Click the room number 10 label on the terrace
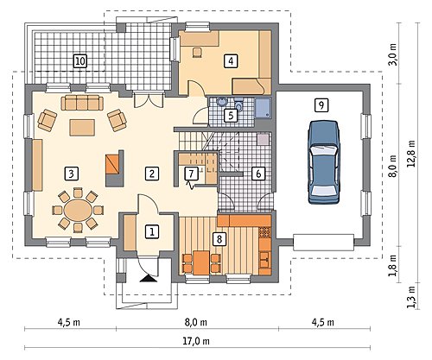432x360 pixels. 80,61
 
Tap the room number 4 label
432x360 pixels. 231,61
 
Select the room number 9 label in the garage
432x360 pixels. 321,105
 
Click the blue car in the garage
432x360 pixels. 324,162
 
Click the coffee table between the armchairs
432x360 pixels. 82,128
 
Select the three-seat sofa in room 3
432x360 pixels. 82,103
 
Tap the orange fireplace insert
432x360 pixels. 112,164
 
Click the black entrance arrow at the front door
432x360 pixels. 149,278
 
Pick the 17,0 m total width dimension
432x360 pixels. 196,342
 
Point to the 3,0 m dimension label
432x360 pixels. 392,54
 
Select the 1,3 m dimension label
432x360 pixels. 411,297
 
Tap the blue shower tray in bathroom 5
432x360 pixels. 263,108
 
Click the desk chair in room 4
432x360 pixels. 197,53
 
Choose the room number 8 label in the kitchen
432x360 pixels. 219,239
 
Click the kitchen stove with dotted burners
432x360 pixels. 265,232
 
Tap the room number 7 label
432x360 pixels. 191,174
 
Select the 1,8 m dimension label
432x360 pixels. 392,265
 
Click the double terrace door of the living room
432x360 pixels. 149,100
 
